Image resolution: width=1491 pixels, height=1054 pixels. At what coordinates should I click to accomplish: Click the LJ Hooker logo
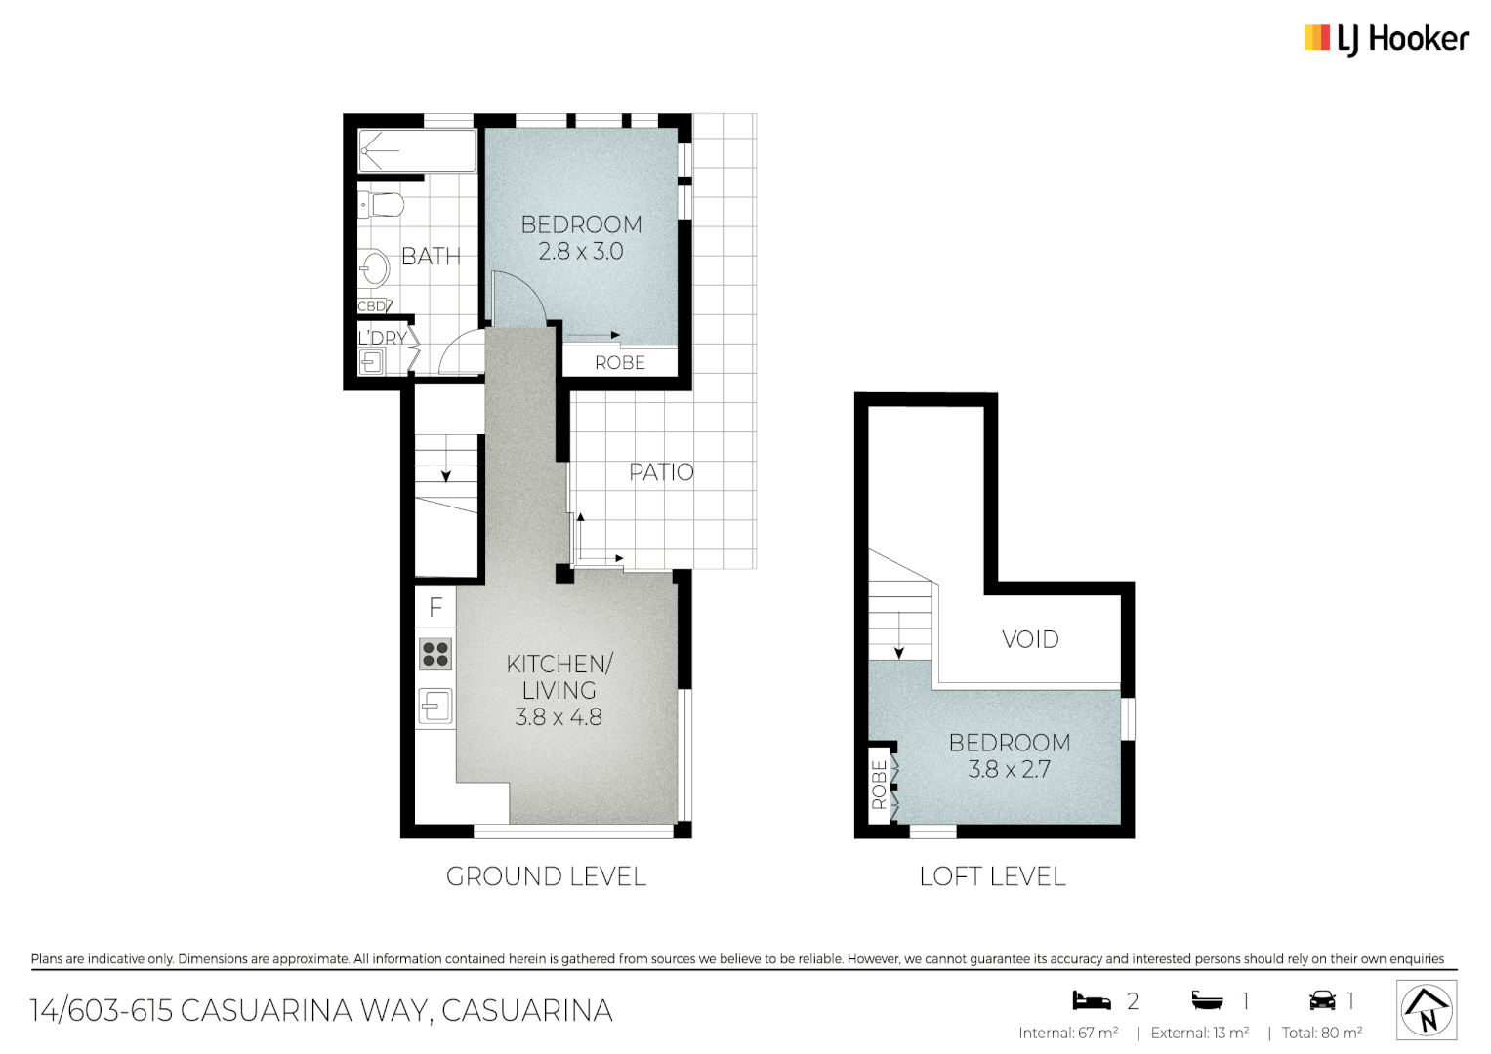pyautogui.click(x=1386, y=39)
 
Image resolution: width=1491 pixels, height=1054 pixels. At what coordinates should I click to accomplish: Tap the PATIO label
pyautogui.click(x=661, y=472)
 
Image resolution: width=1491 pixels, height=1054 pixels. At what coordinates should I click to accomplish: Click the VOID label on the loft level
pyautogui.click(x=1030, y=639)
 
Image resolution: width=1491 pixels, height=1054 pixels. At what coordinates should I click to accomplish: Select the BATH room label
pyautogui.click(x=431, y=257)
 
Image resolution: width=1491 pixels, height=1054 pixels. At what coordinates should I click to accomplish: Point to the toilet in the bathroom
pyautogui.click(x=382, y=205)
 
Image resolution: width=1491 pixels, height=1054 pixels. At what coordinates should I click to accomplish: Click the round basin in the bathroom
pyautogui.click(x=374, y=267)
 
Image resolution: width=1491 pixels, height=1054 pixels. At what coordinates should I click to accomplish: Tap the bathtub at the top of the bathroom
pyautogui.click(x=417, y=151)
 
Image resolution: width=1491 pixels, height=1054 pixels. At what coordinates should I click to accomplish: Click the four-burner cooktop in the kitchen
pyautogui.click(x=435, y=654)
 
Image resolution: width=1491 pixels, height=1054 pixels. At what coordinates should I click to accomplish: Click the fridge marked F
pyautogui.click(x=435, y=607)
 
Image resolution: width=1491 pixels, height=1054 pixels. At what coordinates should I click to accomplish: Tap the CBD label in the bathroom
pyautogui.click(x=372, y=306)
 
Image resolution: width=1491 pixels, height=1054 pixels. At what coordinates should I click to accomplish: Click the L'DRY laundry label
pyautogui.click(x=382, y=338)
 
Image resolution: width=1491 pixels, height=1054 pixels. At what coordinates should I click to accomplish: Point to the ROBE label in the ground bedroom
pyautogui.click(x=620, y=363)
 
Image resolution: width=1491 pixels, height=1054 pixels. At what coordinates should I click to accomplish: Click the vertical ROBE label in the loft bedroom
pyautogui.click(x=879, y=785)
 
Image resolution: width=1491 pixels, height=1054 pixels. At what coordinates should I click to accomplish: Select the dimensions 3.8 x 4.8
pyautogui.click(x=559, y=717)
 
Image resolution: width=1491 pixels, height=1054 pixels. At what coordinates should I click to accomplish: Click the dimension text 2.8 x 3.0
pyautogui.click(x=581, y=252)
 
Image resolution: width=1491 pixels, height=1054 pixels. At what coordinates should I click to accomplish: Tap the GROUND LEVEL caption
pyautogui.click(x=546, y=876)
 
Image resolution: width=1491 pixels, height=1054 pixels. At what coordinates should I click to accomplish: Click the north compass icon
pyautogui.click(x=1427, y=1010)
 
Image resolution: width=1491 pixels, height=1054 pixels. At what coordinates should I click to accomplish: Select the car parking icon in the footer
pyautogui.click(x=1322, y=1000)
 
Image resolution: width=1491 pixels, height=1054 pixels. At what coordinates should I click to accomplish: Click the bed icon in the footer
pyautogui.click(x=1092, y=1000)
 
